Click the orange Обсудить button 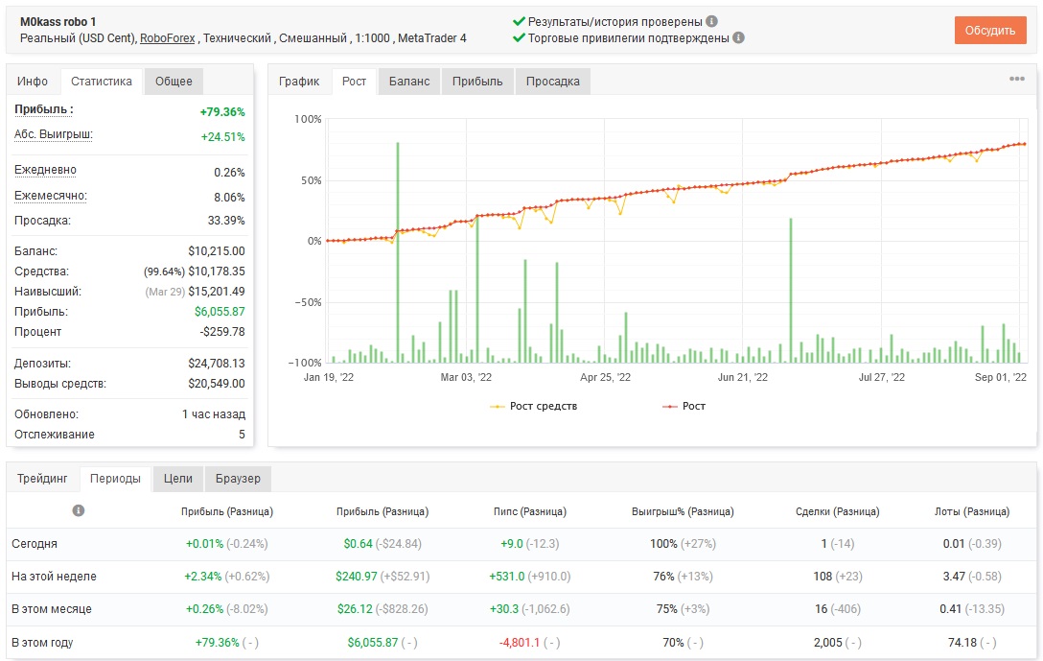tap(990, 31)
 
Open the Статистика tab tap(101, 82)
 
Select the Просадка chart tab tap(553, 82)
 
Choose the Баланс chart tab tap(409, 82)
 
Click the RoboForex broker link tap(167, 38)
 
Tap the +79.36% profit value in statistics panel tap(222, 112)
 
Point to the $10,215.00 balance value tap(217, 251)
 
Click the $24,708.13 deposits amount tap(217, 364)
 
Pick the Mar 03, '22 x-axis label tap(466, 377)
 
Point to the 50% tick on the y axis tap(311, 180)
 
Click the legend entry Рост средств tap(543, 406)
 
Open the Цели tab tap(177, 479)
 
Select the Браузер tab tap(238, 479)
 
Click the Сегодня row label tap(34, 544)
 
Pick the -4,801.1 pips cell tap(520, 643)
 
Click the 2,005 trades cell tap(827, 643)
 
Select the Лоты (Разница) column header tap(972, 511)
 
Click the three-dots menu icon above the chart tap(1017, 79)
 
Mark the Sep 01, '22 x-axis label tap(1001, 377)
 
